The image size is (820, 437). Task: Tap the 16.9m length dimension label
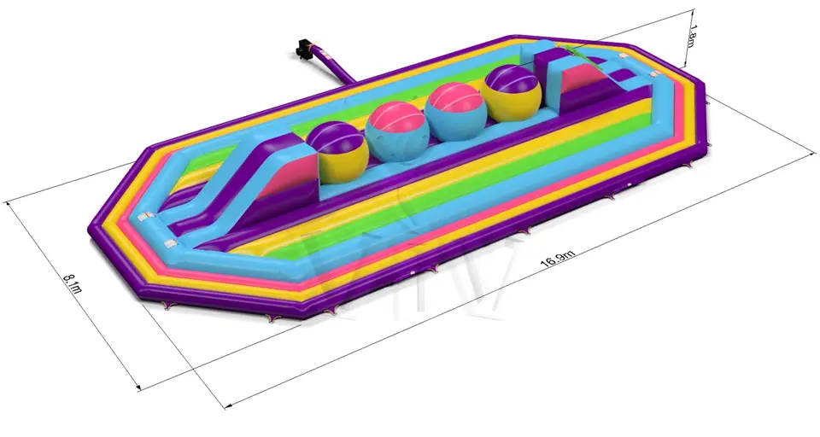tap(558, 259)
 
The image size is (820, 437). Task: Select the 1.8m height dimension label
tap(691, 36)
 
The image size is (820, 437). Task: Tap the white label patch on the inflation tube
tap(325, 53)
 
